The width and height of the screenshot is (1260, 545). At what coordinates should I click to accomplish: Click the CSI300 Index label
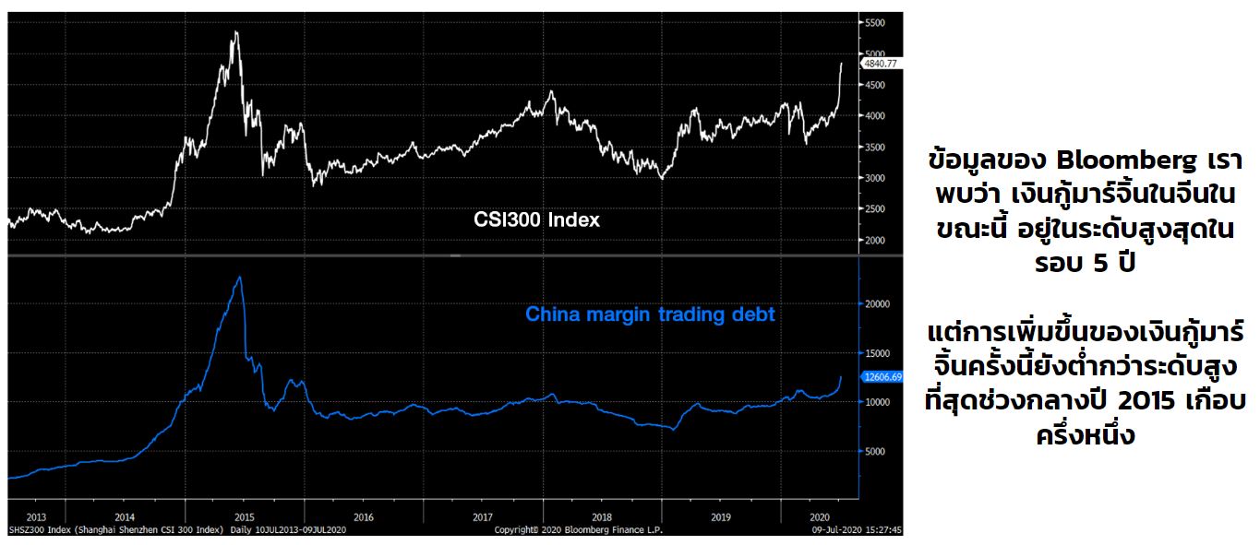tap(536, 220)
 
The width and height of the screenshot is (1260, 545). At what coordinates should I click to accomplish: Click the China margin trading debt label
tap(650, 314)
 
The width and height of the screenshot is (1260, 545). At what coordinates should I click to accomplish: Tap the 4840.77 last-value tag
tap(881, 65)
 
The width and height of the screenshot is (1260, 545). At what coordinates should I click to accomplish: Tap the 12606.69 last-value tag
tap(882, 376)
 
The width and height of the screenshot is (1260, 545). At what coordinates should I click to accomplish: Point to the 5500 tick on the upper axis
tap(874, 22)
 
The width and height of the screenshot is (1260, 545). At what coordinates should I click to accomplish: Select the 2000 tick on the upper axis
tap(874, 241)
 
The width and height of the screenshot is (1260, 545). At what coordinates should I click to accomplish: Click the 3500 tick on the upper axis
tap(874, 148)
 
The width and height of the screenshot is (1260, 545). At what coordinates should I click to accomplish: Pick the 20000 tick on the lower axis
tap(877, 303)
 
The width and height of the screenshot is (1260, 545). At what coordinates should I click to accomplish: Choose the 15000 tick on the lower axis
tap(877, 353)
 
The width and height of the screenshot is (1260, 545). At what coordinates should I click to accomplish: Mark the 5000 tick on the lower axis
tap(874, 452)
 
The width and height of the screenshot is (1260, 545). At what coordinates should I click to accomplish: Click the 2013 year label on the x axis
tap(37, 516)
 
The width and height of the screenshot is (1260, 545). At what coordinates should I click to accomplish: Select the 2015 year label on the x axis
tap(245, 516)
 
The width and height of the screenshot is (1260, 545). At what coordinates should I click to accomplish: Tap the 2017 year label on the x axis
tap(483, 516)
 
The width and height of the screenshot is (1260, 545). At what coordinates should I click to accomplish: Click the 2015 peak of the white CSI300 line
tap(236, 32)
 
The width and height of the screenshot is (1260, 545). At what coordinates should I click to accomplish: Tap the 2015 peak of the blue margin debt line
tap(240, 277)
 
